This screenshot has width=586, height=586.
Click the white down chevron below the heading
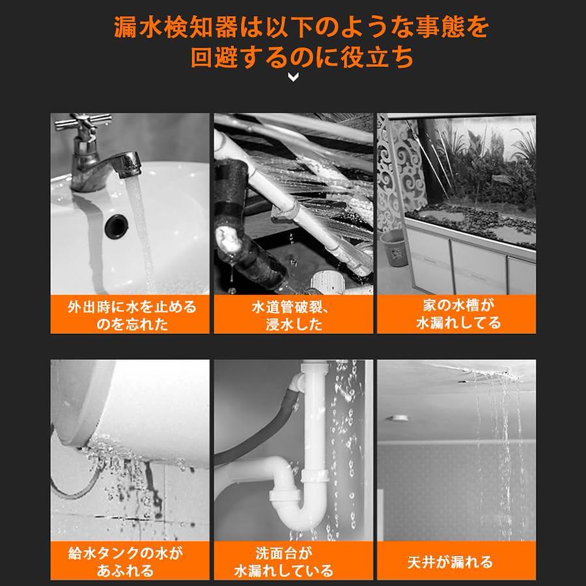pos(294,77)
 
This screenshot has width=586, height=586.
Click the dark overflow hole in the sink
pos(117,225)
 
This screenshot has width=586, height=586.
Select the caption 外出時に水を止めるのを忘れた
pos(132,315)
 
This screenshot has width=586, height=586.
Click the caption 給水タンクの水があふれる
pos(126,562)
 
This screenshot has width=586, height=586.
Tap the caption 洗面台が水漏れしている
pos(284,562)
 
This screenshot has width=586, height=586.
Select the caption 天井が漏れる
pos(450,562)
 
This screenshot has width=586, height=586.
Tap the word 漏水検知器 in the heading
pos(176,27)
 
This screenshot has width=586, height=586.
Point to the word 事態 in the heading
pos(441,27)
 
